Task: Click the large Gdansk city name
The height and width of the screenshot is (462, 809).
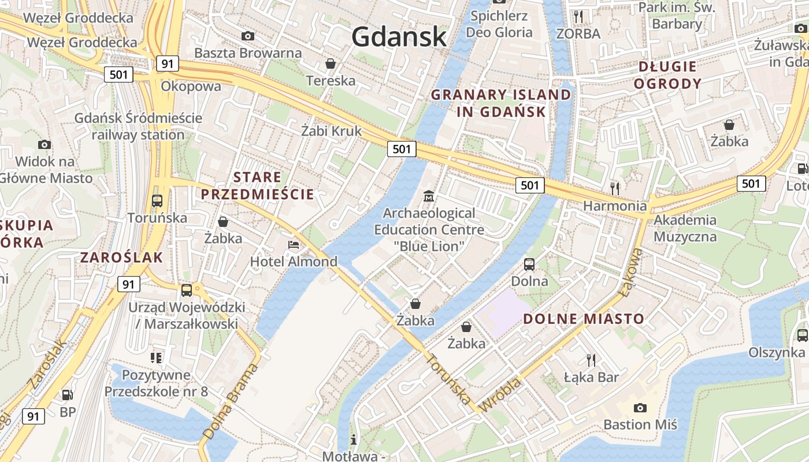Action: point(399,37)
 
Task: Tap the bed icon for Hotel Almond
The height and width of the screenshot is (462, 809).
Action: point(294,245)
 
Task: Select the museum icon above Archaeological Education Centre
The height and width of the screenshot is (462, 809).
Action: point(428,196)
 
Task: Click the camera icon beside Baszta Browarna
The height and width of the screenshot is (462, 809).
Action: point(248,36)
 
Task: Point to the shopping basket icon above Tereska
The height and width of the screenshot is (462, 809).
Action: point(331,63)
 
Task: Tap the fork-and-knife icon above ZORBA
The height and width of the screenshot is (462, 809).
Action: point(578,16)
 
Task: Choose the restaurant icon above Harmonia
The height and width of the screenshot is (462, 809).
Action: point(615,188)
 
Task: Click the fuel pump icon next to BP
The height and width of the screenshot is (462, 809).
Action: point(68,395)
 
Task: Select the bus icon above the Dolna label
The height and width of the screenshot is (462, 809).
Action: point(529,264)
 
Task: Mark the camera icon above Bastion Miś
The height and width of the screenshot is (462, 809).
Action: point(640,408)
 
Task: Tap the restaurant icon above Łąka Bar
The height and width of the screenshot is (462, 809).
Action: point(591,360)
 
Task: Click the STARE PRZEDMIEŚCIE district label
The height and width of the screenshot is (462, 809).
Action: point(258,185)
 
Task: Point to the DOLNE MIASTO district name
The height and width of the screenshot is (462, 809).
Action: point(584,319)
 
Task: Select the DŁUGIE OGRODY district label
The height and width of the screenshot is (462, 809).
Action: point(667,75)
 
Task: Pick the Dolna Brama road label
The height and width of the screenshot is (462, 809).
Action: point(230,402)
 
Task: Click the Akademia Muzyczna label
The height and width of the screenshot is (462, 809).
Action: point(685,228)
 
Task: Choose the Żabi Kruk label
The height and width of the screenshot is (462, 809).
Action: point(332,131)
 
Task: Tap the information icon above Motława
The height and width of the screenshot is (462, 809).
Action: point(354,439)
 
